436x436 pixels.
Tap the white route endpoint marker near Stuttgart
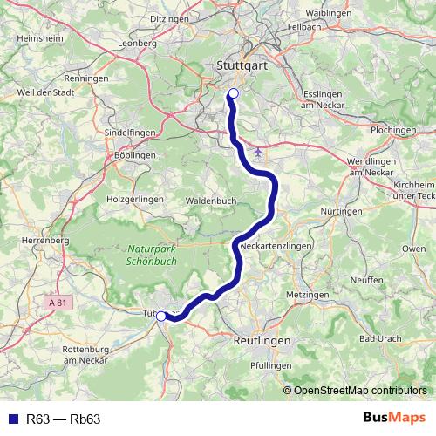click(233, 94)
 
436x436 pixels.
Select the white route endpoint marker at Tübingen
click(161, 316)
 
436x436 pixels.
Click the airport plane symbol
click(256, 151)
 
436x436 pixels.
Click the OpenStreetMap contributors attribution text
click(360, 390)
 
